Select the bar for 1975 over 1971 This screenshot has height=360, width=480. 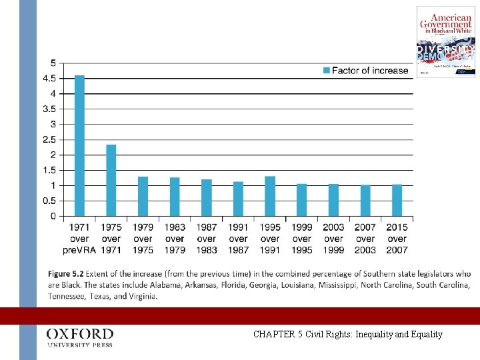[111, 180]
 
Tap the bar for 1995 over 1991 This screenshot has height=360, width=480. [270, 196]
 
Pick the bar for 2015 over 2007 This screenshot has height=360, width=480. [397, 200]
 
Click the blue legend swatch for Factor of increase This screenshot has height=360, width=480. [326, 71]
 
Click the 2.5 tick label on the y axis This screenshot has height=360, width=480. [49, 140]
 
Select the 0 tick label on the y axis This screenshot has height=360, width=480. [53, 217]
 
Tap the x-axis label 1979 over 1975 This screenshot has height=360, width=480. [143, 238]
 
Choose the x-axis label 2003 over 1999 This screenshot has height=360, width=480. [333, 238]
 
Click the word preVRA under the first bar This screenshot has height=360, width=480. [79, 250]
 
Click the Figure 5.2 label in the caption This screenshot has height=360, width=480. [69, 274]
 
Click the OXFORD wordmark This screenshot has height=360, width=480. [80, 333]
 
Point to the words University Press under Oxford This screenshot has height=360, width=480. [80, 345]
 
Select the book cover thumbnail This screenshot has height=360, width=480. [446, 41]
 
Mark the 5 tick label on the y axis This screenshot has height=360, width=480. [53, 63]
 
